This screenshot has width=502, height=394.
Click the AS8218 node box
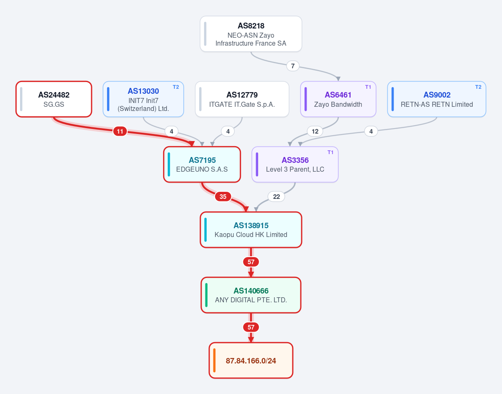[x=251, y=34]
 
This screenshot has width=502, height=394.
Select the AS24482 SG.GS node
[x=54, y=99]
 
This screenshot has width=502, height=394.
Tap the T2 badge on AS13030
[x=176, y=87]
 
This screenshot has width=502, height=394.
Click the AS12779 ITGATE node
[x=242, y=99]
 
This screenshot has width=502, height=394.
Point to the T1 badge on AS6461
[x=368, y=87]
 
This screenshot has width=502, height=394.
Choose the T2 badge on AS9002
[x=478, y=87]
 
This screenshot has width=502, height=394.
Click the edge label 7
[x=293, y=66]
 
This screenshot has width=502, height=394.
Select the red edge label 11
[x=120, y=131]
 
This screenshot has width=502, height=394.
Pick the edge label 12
[x=315, y=131]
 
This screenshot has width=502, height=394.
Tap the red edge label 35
[x=223, y=196]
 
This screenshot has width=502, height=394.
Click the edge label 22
[x=277, y=196]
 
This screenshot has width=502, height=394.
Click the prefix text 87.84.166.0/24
[x=251, y=361]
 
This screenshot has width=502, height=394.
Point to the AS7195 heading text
[x=202, y=160]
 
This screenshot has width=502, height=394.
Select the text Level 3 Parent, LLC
[x=295, y=170]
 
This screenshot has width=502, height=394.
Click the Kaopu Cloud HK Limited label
[x=251, y=235]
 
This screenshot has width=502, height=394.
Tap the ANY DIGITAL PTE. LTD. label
[x=251, y=300]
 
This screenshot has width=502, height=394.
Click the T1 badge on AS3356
[x=330, y=152]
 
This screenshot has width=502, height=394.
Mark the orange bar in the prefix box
[x=214, y=361]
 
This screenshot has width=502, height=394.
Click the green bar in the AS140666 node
[x=206, y=295]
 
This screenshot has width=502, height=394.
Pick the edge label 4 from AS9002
[x=371, y=131]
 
